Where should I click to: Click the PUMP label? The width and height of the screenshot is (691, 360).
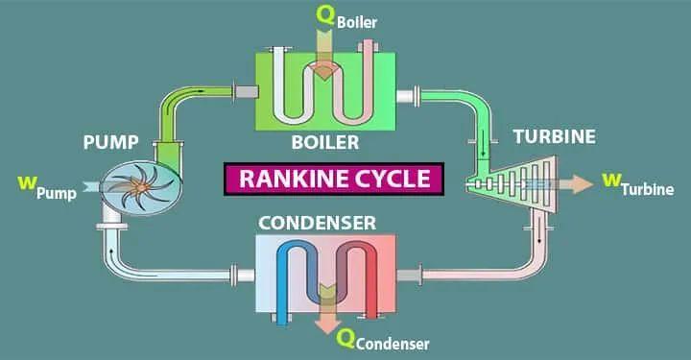[x=110, y=142]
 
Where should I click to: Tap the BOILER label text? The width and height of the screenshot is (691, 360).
[x=325, y=142]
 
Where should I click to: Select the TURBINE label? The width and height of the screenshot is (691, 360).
[x=555, y=136]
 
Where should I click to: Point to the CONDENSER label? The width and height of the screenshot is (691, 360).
[x=318, y=223]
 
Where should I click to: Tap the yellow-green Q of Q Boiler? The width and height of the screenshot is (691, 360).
[x=325, y=16]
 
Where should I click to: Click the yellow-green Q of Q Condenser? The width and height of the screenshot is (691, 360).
[x=345, y=339]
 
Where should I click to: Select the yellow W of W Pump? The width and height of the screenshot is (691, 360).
[x=27, y=182]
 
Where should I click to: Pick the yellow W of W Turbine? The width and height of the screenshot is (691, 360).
[x=611, y=180]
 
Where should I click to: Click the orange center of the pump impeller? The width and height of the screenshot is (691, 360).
[x=141, y=188]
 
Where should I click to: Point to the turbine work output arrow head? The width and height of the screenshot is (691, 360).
[x=584, y=184]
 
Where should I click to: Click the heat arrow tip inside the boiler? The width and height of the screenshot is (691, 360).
[x=324, y=75]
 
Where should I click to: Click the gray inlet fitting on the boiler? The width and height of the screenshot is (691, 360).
[x=246, y=91]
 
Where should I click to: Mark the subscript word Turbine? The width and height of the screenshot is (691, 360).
[x=648, y=190]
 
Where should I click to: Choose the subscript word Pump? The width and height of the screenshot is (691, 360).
[x=57, y=193]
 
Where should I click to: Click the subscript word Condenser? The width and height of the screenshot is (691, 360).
[x=393, y=344]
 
